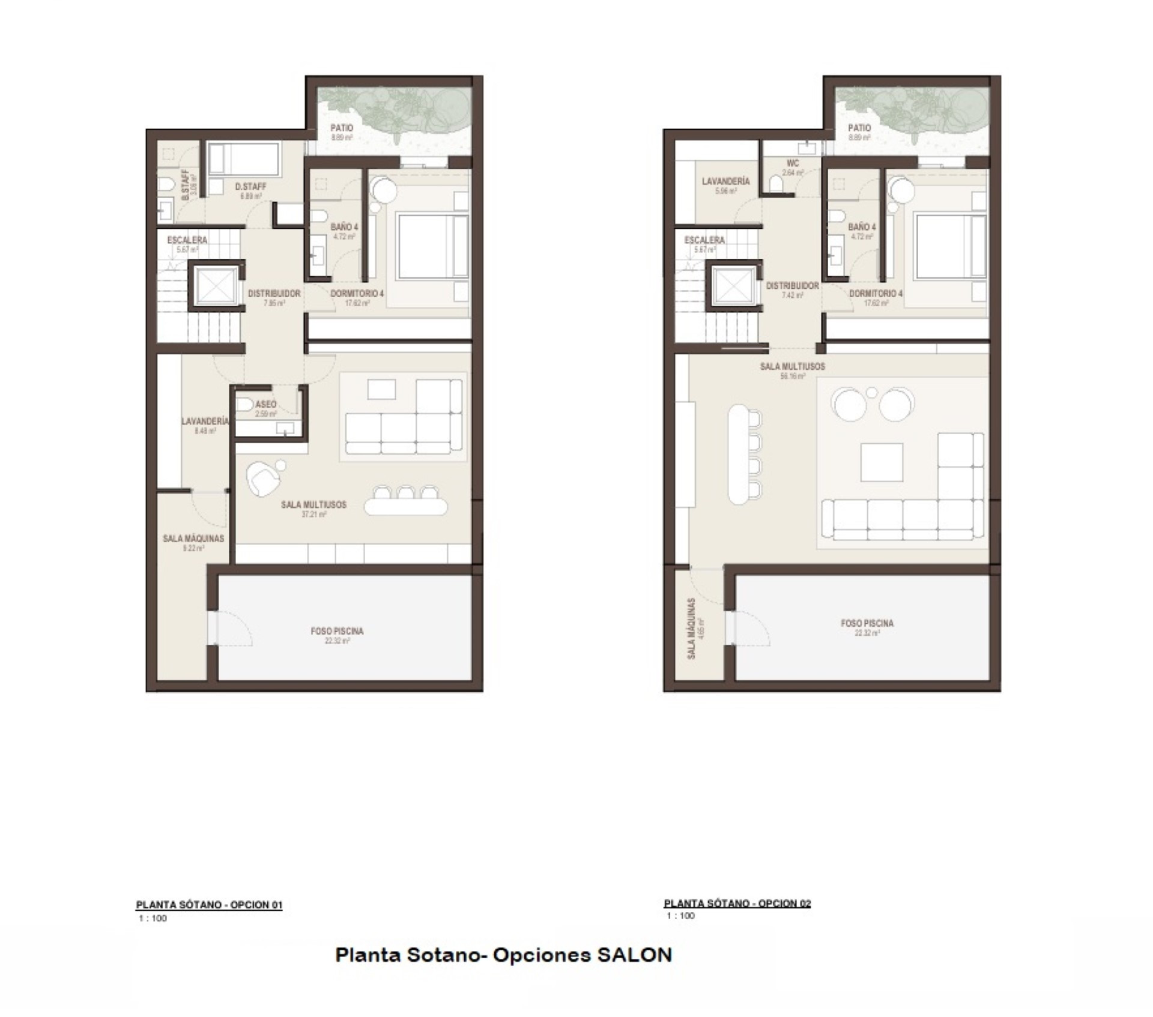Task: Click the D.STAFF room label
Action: coord(250,187)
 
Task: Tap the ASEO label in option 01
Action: coord(265,405)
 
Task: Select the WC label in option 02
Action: coord(793,163)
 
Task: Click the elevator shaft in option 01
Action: coord(216,286)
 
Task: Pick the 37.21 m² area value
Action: coord(313,515)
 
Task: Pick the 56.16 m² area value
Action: coord(792,377)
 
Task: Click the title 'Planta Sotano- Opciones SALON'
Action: coord(503,955)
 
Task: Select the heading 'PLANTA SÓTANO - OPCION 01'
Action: coord(209,905)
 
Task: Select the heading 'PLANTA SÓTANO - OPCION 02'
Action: coord(737,903)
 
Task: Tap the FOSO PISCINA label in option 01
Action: coord(337,631)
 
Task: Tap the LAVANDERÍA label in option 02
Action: coord(725,181)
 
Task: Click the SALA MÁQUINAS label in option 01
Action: coord(193,539)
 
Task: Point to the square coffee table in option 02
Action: coord(882,462)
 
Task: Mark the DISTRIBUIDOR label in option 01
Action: coord(274,294)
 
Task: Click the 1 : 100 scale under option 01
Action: coord(153,919)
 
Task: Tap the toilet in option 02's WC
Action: coord(776,183)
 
